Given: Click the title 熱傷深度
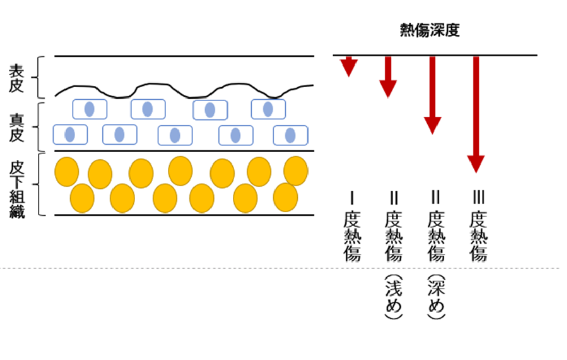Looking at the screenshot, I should (x=430, y=30).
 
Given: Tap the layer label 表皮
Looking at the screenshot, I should (x=17, y=78).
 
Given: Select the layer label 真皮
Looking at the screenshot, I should (x=17, y=126).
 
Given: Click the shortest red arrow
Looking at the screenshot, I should (x=349, y=66).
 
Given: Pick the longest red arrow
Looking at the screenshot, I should (x=476, y=113).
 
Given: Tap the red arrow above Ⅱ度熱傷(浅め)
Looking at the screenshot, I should (x=388, y=76).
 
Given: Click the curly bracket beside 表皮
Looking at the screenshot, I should (x=37, y=77).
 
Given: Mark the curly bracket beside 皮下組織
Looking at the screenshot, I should (x=37, y=184).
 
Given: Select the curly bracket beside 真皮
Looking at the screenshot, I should (x=37, y=126).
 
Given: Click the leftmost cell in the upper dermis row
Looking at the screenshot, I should (x=89, y=109).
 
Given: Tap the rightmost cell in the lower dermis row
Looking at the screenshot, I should (x=290, y=135).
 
